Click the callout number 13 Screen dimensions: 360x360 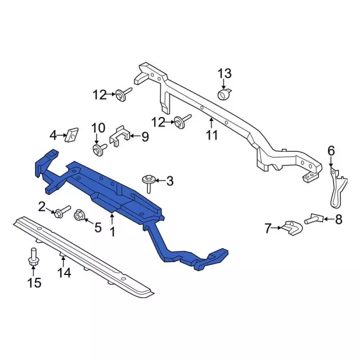[x=224, y=74]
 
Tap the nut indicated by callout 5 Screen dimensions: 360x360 [x=79, y=215]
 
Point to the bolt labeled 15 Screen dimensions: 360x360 [x=33, y=257]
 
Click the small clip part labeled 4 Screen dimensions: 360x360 [x=71, y=135]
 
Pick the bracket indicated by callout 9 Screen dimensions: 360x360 [x=120, y=136]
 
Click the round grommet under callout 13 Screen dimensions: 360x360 [x=224, y=94]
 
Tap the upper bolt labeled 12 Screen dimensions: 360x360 [x=124, y=94]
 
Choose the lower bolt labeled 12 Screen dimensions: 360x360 [x=182, y=120]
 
